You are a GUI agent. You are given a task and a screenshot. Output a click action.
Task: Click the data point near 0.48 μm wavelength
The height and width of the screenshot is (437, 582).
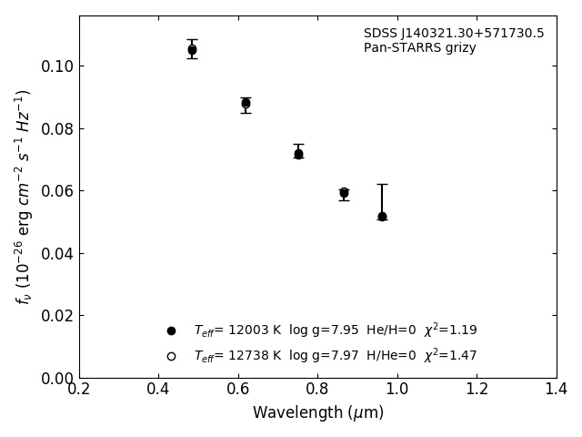[192, 50]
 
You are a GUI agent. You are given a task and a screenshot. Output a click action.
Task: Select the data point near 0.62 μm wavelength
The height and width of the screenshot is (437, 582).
[246, 103]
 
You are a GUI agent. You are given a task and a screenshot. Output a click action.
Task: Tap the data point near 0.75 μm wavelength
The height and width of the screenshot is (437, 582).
[298, 154]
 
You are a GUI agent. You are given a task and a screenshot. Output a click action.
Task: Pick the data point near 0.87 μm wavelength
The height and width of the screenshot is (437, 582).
[344, 193]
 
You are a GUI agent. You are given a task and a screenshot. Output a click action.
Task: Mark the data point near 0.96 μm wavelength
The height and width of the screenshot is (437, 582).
[382, 217]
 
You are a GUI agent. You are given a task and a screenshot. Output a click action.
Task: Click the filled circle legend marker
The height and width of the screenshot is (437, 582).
[171, 330]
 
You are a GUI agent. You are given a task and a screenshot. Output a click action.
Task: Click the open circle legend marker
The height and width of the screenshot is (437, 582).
[171, 356]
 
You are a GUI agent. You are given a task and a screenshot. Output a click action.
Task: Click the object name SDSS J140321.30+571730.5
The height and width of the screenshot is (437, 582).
[454, 34]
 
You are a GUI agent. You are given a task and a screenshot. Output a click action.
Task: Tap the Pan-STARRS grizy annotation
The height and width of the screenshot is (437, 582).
[419, 48]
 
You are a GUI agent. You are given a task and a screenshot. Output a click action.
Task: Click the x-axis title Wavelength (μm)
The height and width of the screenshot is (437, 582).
[318, 413]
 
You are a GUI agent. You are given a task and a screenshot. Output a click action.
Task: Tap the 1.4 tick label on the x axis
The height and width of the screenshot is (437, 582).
[556, 390]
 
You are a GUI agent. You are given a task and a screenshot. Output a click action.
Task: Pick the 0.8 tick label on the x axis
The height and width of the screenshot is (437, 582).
[317, 390]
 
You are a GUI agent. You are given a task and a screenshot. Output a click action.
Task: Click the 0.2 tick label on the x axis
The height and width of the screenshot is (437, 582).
[79, 390]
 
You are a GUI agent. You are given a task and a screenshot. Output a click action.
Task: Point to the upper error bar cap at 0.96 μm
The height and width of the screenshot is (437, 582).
[382, 184]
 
